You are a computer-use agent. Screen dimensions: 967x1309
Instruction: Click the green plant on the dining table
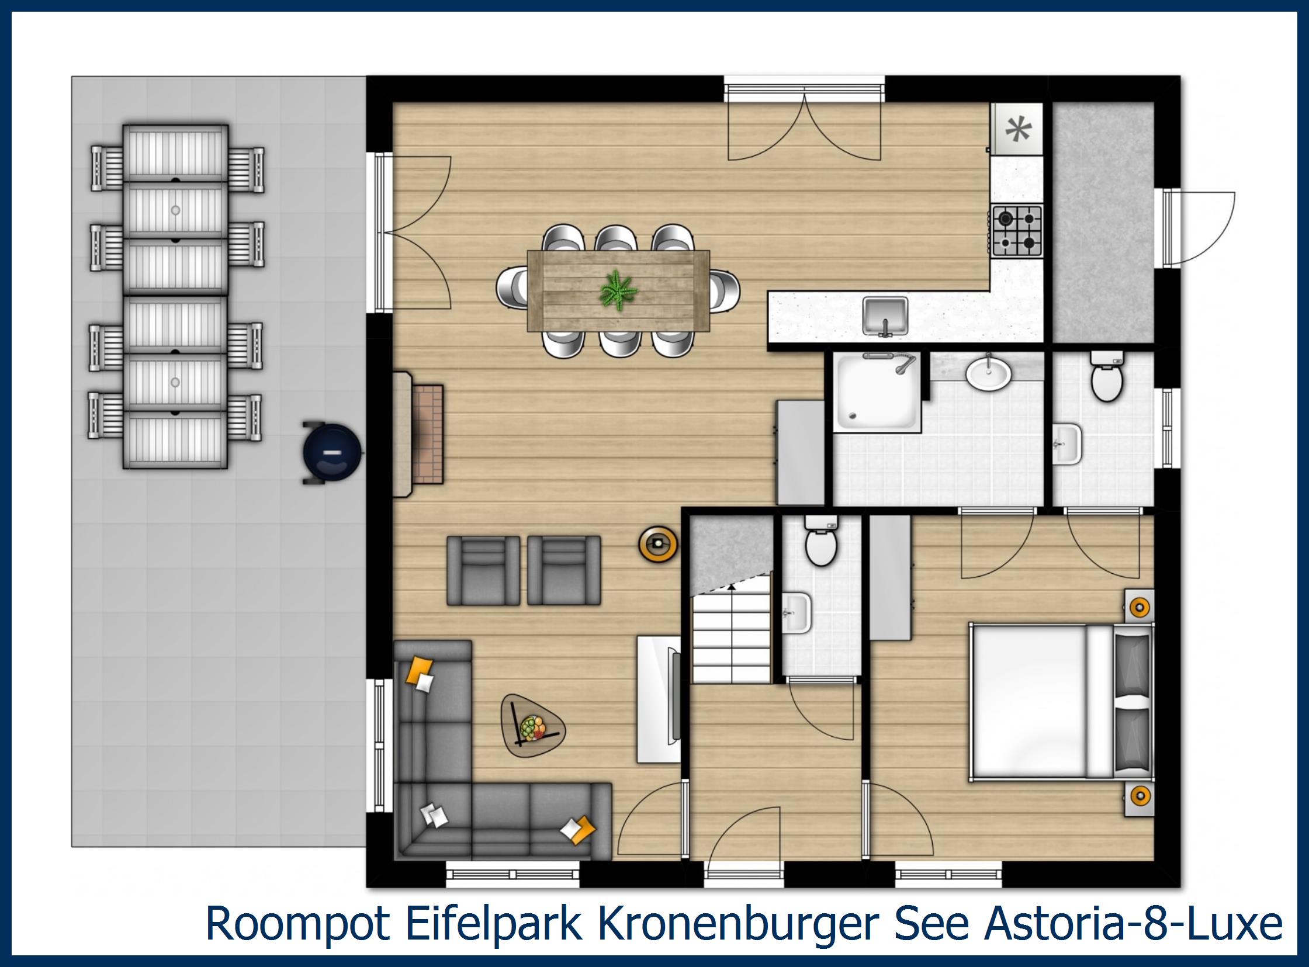click(618, 290)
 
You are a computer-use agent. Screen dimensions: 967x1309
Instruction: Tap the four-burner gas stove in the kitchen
click(1017, 231)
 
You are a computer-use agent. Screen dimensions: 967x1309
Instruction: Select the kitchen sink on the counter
click(885, 316)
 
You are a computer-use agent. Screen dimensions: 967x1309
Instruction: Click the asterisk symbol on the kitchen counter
click(1018, 129)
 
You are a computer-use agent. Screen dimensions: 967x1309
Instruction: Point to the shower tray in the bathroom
click(875, 392)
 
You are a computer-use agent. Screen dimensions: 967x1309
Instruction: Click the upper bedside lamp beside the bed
click(1138, 607)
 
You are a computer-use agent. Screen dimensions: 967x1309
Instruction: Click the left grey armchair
click(483, 571)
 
